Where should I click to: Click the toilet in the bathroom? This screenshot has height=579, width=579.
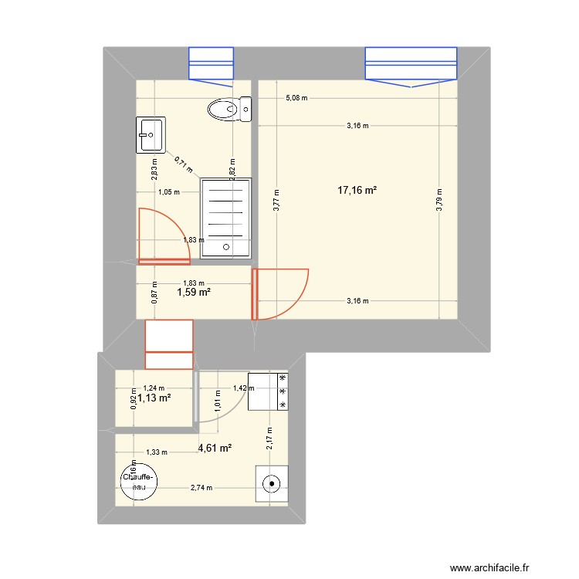[x=230, y=109]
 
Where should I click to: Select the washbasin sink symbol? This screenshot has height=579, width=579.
[x=151, y=134]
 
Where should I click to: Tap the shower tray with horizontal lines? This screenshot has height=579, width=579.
[x=226, y=215]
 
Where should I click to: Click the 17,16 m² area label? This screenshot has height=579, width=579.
[x=357, y=190]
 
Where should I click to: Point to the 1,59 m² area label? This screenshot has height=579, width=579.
[x=194, y=293]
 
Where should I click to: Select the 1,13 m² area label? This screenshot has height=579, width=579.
[x=154, y=398]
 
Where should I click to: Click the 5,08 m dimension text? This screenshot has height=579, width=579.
[x=296, y=98]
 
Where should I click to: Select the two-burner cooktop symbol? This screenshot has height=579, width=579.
[x=272, y=391]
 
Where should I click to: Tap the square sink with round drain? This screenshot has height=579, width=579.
[x=272, y=484]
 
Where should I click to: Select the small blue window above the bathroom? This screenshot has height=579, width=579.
[x=212, y=63]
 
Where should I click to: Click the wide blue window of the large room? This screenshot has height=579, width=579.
[x=411, y=63]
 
